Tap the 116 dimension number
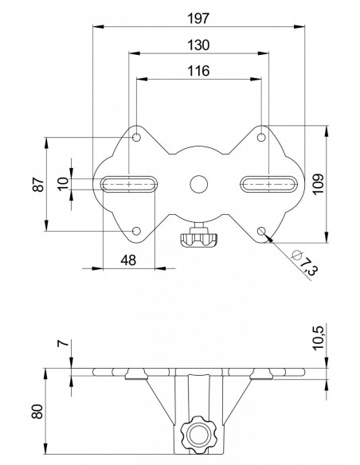tap(199, 71)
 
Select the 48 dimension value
tap(127, 260)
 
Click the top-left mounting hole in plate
tap(137, 139)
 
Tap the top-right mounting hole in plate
tap(262, 139)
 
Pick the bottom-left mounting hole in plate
tap(137, 231)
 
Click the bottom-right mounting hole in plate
tap(262, 231)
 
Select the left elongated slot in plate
tap(129, 184)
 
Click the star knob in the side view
tap(198, 434)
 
